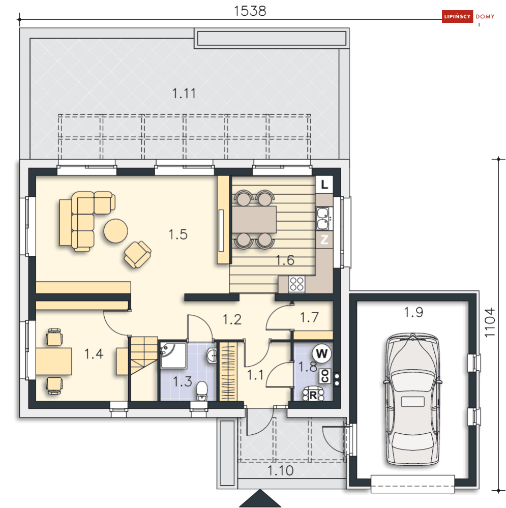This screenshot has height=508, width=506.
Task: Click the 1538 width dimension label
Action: coord(250,11)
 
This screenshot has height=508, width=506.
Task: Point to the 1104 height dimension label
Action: coord(490,322)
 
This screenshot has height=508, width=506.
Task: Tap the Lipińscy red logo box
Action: coord(457,16)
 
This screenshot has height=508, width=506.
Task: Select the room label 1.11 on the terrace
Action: coord(184,94)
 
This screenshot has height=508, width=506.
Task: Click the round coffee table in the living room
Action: coord(115,231)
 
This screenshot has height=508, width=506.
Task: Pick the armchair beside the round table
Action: coord(138,254)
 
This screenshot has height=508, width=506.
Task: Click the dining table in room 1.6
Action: coord(254,219)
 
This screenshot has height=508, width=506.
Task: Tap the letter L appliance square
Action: coord(324,185)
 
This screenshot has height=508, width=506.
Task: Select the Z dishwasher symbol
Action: coord(324,240)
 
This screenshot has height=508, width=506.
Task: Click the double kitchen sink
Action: coord(323,219)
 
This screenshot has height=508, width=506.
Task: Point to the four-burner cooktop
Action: coord(296,284)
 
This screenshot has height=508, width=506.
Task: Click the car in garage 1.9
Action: coord(412,400)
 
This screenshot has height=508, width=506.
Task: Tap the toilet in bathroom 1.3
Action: coord(202,391)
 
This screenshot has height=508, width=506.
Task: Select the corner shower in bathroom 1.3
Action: coord(173,355)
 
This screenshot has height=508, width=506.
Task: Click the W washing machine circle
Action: coord(322,353)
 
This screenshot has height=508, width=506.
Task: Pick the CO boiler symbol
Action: coord(325,376)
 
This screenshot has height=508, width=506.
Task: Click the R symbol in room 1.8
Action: coord(313,395)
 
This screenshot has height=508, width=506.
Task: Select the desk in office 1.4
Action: coord(53,361)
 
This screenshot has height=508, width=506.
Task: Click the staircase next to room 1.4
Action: coord(144,368)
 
